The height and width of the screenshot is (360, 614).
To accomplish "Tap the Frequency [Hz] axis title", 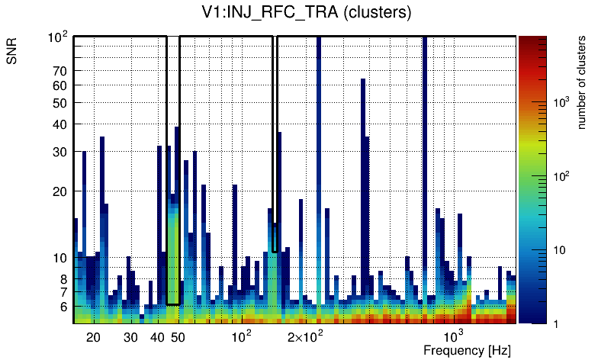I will click(x=467, y=350).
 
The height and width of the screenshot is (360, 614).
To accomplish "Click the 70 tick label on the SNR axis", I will click(x=59, y=71).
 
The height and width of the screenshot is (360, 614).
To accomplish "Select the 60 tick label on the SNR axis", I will click(x=59, y=85).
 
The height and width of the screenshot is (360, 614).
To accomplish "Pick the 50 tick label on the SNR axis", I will click(x=59, y=103).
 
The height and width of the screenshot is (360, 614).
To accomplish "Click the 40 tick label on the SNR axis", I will click(x=59, y=124).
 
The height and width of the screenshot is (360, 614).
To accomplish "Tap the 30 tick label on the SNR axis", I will click(x=59, y=152).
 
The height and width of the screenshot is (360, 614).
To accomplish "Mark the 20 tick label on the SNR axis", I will click(x=59, y=191).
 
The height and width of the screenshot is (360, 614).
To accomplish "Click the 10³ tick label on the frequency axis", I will click(x=453, y=336).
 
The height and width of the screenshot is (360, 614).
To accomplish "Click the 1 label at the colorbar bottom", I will click(x=556, y=323).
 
